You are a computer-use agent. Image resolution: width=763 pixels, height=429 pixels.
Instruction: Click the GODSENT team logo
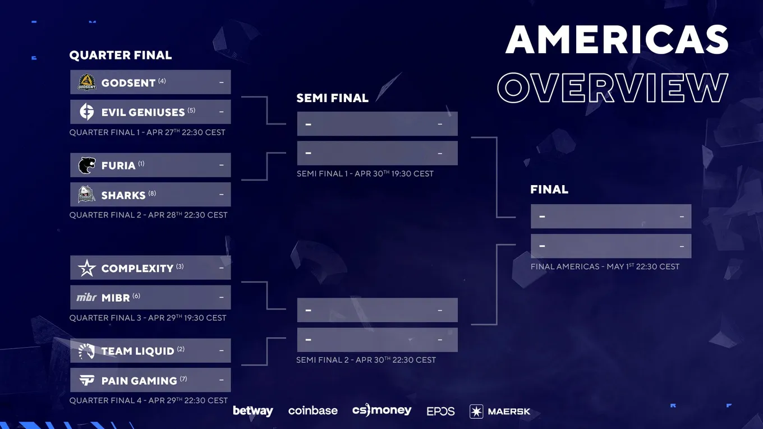87,82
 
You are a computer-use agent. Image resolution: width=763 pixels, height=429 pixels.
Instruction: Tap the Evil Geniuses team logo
86,112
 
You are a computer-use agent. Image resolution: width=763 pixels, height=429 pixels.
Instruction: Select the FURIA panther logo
87,165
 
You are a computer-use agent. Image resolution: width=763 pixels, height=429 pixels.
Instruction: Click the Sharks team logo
86,195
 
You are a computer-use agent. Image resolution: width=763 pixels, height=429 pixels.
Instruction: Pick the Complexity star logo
86,268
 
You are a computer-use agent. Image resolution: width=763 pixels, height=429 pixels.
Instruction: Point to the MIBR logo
86,298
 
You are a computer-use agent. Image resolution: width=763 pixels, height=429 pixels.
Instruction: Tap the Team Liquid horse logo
86,351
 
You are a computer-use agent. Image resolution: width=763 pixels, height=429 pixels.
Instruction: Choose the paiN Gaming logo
86,380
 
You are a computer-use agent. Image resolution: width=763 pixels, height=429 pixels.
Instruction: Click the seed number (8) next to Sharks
152,193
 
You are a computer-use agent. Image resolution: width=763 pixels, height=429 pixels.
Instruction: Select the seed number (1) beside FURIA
141,164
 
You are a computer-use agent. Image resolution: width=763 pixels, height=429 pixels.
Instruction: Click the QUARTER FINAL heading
121,55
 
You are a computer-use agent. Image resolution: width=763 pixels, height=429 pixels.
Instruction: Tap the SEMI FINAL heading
333,98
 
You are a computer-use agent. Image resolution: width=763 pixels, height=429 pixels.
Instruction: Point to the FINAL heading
549,190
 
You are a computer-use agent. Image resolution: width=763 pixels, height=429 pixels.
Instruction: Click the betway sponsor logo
252,411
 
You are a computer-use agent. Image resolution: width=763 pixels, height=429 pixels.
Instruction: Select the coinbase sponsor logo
313,411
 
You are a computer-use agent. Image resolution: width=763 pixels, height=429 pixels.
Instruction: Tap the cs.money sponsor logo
382,410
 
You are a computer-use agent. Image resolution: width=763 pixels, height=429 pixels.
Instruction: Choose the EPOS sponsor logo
440,411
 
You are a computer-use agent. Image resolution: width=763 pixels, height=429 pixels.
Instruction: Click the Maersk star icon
476,411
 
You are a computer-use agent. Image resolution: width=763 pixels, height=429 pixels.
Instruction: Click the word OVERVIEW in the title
613,87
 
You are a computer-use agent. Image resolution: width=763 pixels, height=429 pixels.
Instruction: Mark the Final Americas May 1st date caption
605,266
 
